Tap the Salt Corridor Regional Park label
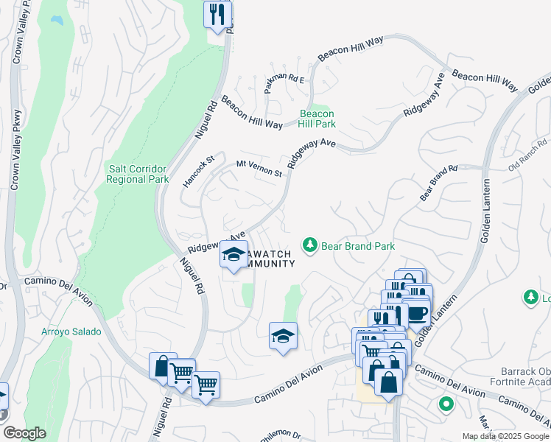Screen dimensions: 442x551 (138, 173)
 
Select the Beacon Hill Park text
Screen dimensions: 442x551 (317, 119)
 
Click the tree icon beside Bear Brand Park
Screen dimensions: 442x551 (311, 245)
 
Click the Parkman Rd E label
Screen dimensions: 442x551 (285, 80)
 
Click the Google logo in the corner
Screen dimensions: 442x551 (24, 433)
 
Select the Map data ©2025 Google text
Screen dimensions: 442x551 (505, 436)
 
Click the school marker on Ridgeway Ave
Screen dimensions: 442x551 (234, 256)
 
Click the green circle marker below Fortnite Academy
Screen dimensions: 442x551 (445, 404)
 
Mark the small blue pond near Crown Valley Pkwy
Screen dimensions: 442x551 (55, 20)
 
